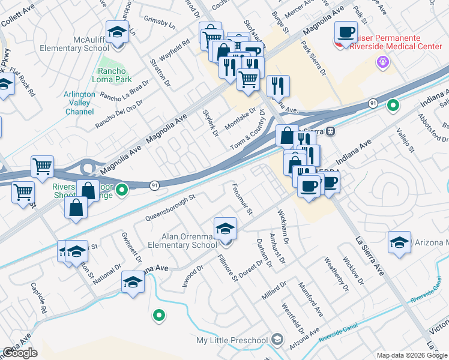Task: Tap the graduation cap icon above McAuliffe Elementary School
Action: click(x=118, y=32)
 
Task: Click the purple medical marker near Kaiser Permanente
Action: click(x=382, y=61)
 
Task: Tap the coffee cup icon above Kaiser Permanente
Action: click(x=346, y=31)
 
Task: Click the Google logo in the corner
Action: click(x=20, y=353)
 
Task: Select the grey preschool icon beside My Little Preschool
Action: click(x=277, y=340)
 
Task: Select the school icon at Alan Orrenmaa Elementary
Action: click(x=225, y=229)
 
